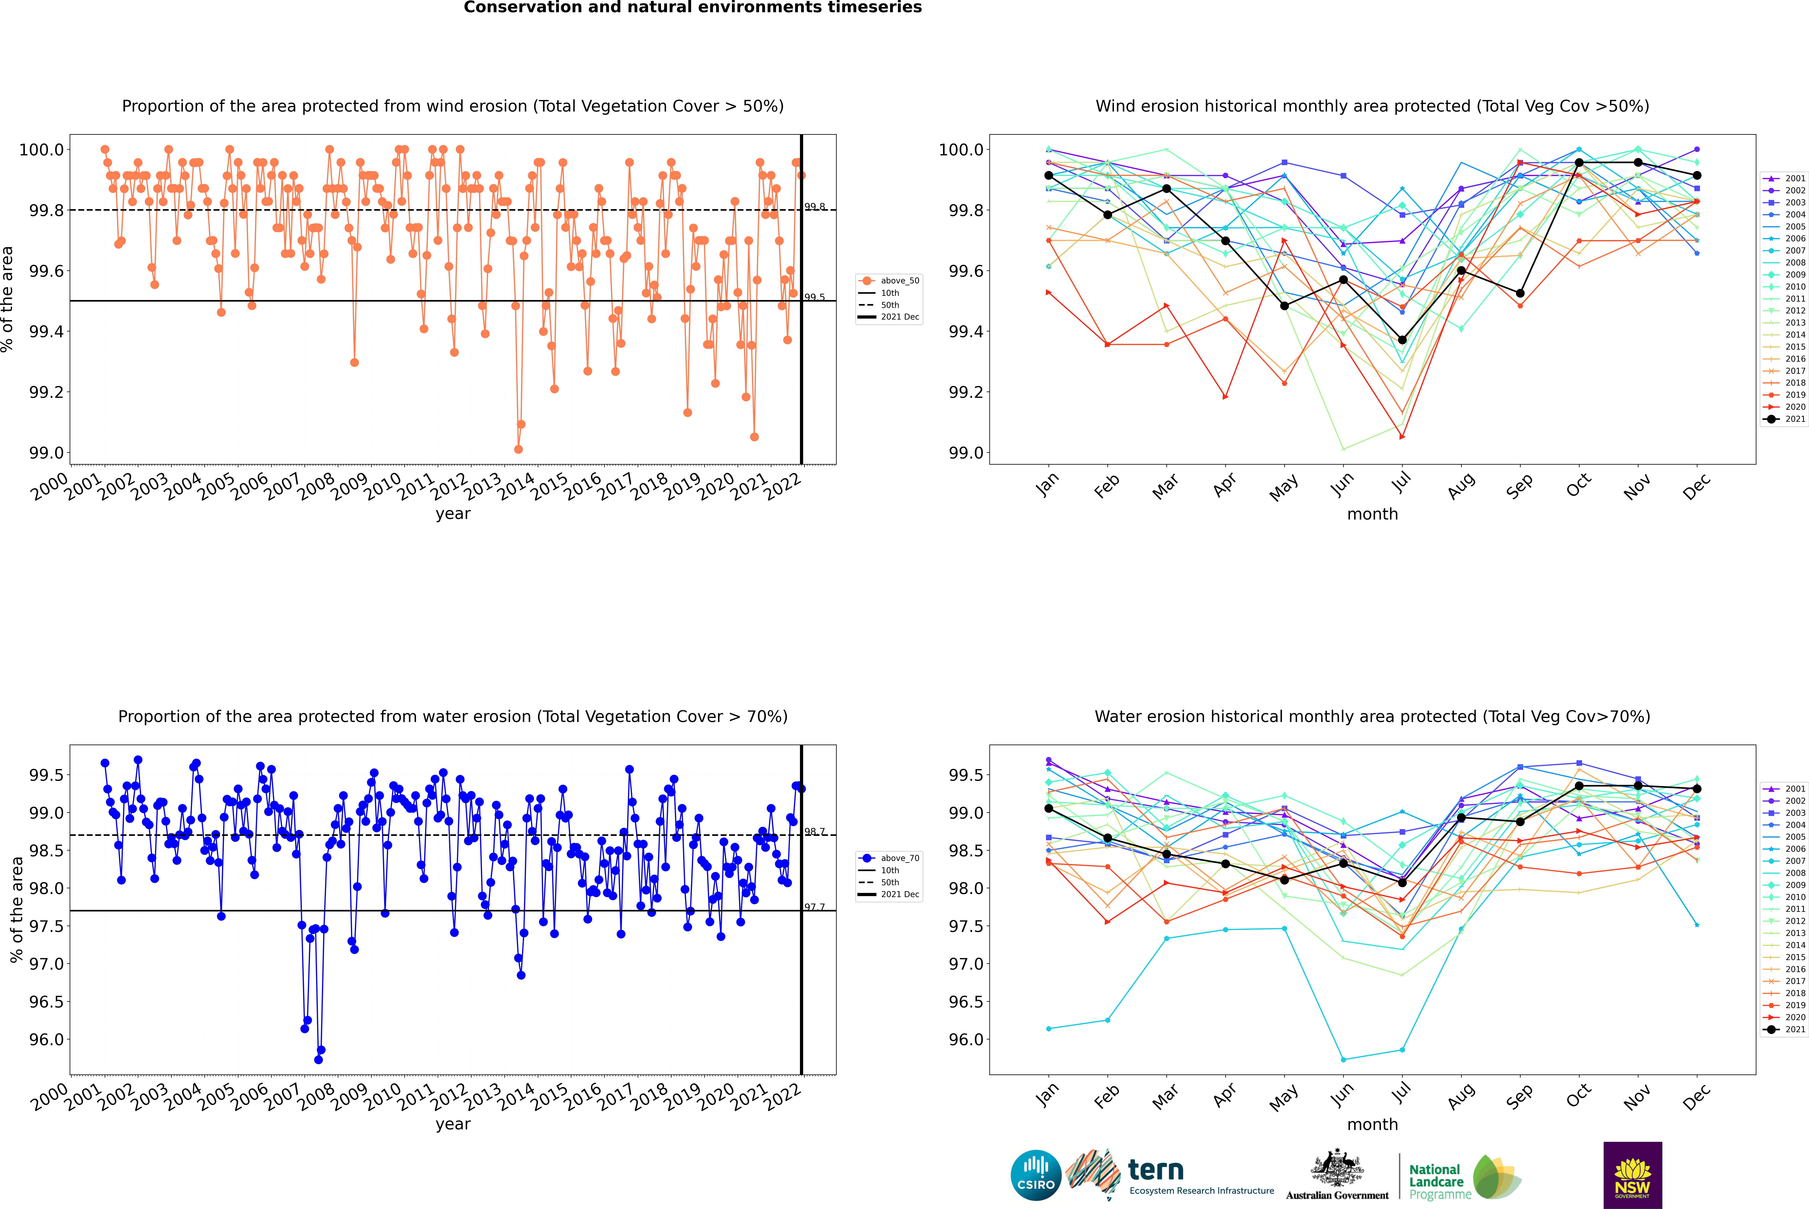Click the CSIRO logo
1036,1175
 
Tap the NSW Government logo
1632,1175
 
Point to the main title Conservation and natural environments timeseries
692,8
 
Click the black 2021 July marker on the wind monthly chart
1402,340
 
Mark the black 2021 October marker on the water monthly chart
1578,786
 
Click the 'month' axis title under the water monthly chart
1372,1124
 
